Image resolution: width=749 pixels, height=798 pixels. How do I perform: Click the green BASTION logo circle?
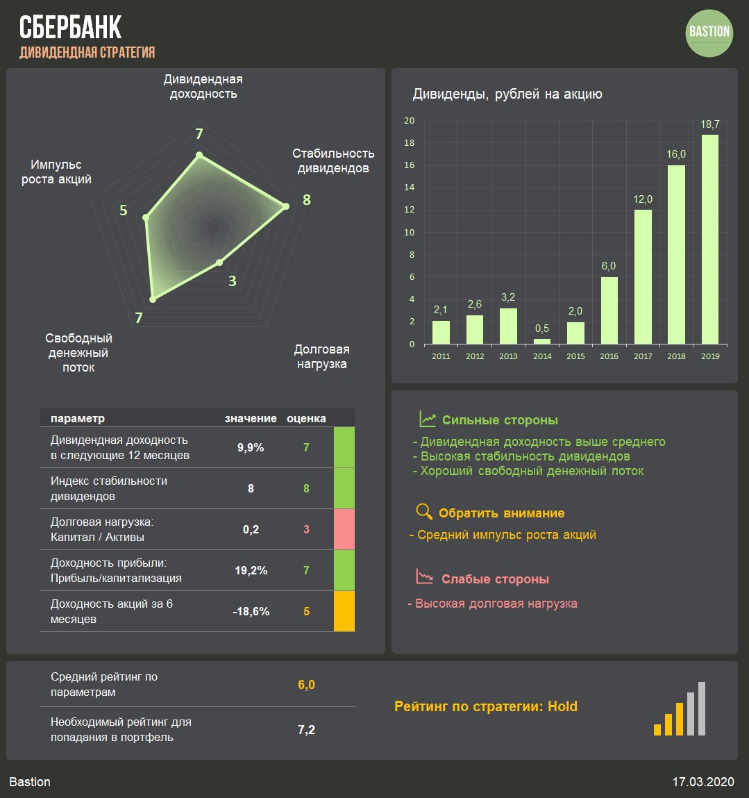(x=709, y=32)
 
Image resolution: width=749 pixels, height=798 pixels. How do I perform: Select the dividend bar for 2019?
(x=709, y=239)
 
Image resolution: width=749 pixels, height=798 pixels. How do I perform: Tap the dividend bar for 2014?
(x=542, y=341)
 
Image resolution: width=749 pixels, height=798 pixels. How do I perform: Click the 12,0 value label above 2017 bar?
(x=643, y=199)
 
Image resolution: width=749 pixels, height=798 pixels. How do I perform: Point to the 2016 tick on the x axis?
(x=609, y=356)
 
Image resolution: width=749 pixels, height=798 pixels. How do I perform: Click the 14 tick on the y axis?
(x=410, y=188)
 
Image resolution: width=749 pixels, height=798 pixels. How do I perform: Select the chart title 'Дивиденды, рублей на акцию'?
(x=507, y=94)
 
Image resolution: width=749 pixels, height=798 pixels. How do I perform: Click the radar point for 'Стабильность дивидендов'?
(x=285, y=206)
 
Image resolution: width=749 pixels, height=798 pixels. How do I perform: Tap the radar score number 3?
(x=233, y=281)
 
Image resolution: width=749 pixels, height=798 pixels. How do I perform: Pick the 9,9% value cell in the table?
(x=251, y=448)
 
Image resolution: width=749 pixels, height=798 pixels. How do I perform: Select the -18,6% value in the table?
(x=251, y=612)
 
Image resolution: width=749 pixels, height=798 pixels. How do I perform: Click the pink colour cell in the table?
(x=344, y=529)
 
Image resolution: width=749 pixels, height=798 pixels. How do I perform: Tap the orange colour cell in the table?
(x=344, y=611)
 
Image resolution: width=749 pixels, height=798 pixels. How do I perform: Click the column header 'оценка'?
(x=306, y=419)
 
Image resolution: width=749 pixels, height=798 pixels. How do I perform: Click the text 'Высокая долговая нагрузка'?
(x=496, y=604)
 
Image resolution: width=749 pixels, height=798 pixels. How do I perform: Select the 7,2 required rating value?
(x=306, y=730)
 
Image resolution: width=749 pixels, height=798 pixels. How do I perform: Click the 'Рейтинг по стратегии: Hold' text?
(x=486, y=706)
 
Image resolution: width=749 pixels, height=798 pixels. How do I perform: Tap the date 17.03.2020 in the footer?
(x=702, y=782)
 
